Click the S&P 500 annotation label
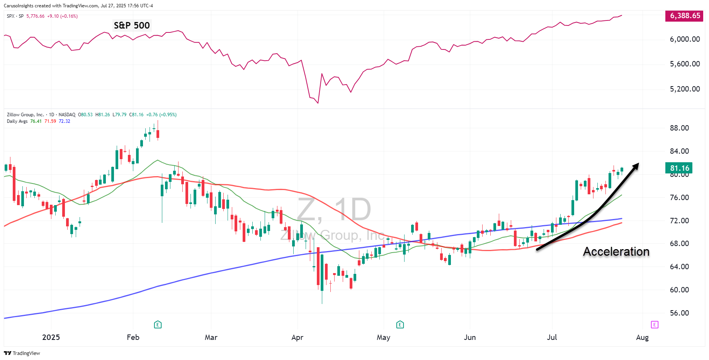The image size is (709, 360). (x=132, y=25)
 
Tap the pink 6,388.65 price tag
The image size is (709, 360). (x=684, y=16)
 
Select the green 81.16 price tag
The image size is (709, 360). (x=679, y=168)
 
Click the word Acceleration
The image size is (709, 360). (x=616, y=251)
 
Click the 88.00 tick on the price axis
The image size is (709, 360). (x=679, y=128)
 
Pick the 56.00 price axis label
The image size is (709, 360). (x=679, y=313)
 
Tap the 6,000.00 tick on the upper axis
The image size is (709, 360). (x=685, y=39)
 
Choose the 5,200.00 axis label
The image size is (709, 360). (x=685, y=89)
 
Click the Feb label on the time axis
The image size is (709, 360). (x=133, y=337)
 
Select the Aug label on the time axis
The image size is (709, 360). (x=642, y=337)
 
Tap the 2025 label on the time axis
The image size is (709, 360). (x=51, y=337)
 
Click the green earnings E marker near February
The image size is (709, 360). (x=158, y=324)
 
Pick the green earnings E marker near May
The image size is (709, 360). (x=400, y=324)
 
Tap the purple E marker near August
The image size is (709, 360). (x=654, y=324)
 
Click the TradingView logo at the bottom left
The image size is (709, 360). (x=22, y=353)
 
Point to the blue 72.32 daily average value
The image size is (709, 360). (x=65, y=121)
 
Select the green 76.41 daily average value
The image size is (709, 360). (x=36, y=121)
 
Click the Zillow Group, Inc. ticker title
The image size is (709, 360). (x=25, y=115)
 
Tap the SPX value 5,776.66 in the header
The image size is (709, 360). (x=35, y=16)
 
